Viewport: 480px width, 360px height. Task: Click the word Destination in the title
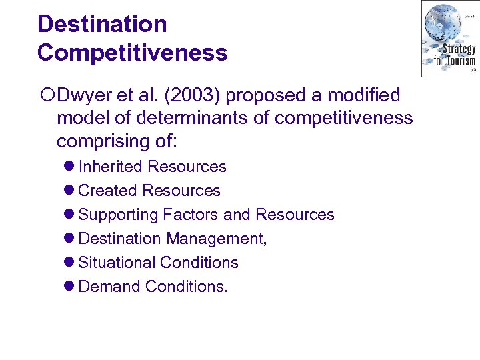coord(102,24)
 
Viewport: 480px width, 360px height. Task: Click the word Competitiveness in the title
coord(132,53)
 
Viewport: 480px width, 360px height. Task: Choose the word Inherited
coord(111,167)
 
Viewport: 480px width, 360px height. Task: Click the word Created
coord(108,191)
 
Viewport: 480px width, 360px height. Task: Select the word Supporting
coord(116,215)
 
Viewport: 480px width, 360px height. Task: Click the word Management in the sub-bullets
coord(216,239)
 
